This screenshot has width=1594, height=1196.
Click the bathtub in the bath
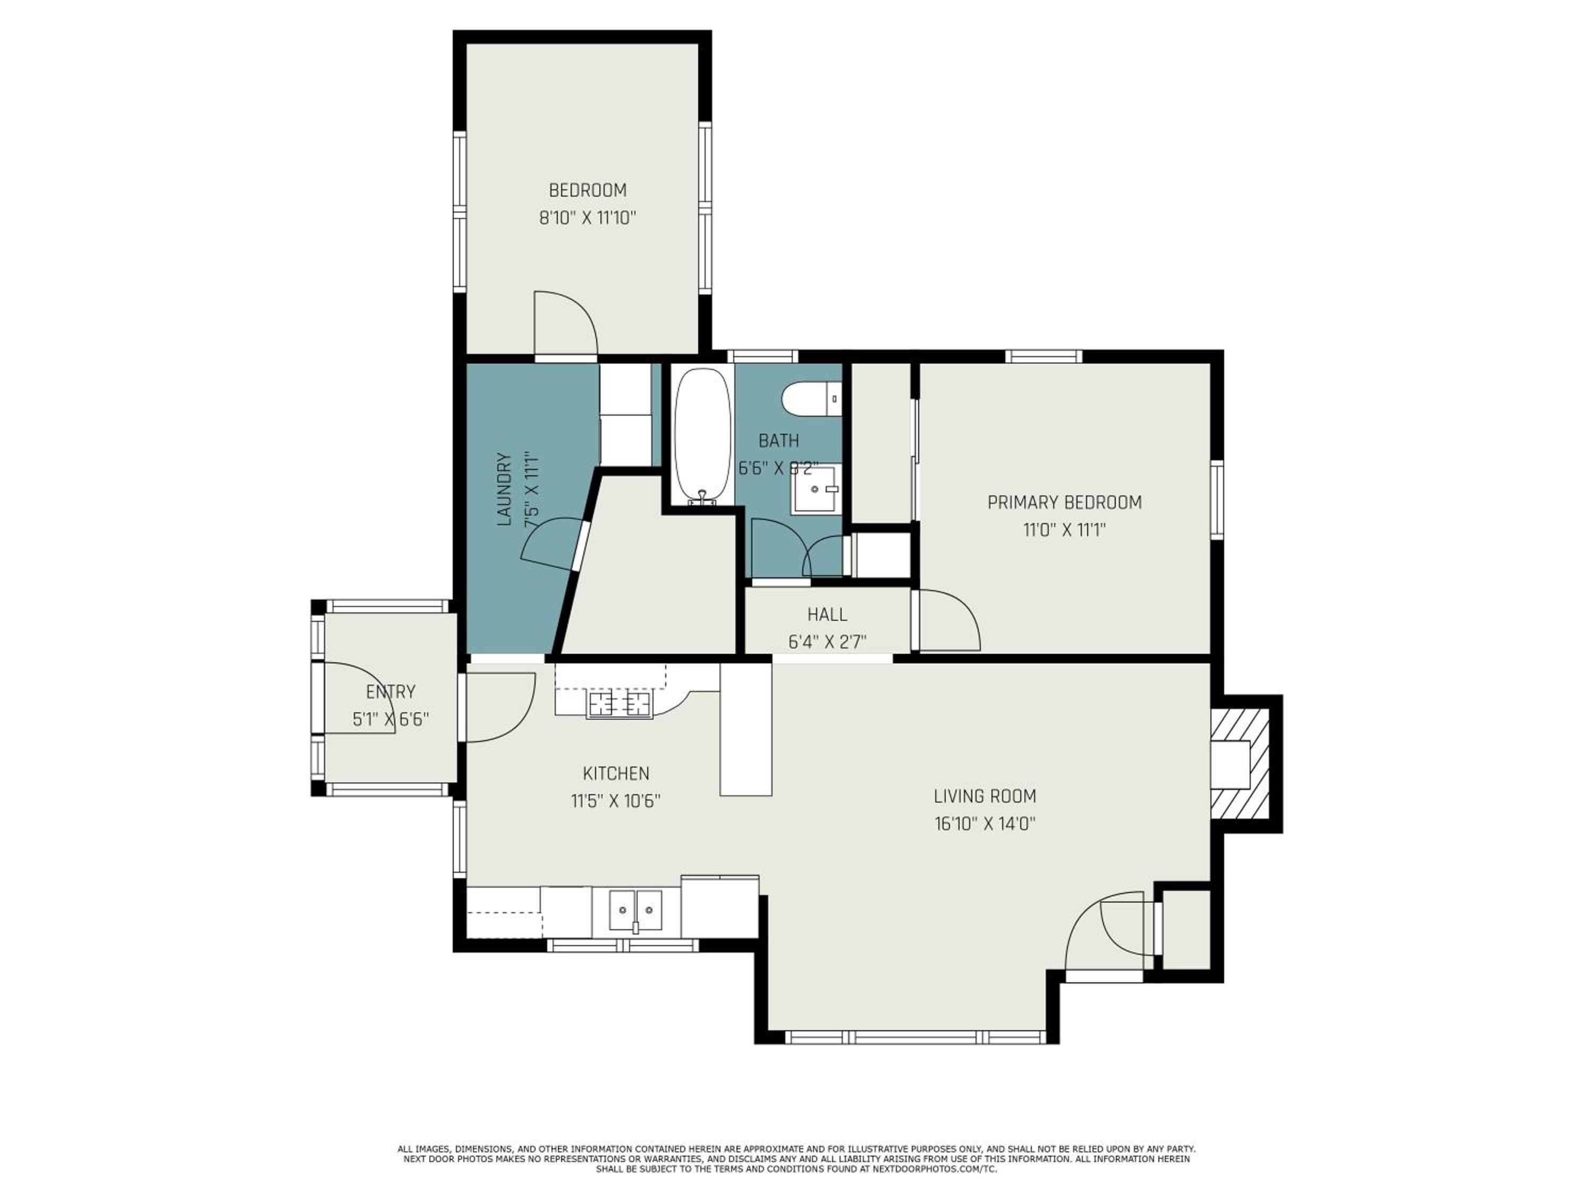702,435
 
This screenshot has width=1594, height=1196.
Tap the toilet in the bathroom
812,399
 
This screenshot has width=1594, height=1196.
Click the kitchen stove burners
620,704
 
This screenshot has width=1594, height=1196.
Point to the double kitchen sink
635,911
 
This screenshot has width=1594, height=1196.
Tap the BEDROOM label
587,190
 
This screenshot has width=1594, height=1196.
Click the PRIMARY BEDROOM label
1064,502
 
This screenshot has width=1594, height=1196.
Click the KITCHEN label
616,773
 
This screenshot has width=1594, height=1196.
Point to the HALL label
827,614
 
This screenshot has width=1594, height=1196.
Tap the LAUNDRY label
504,489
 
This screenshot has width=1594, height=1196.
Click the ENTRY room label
391,692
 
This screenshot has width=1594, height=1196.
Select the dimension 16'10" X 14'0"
985,824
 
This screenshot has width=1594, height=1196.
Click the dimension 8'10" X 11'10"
588,218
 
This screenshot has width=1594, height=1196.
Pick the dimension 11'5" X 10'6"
616,801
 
